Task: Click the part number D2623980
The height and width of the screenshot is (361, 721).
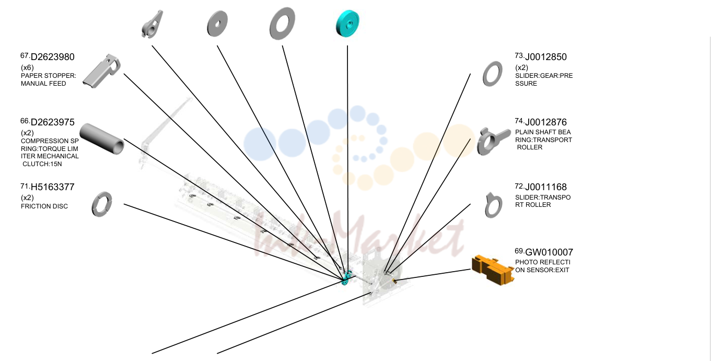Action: (x=52, y=57)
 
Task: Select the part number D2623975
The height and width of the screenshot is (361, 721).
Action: (x=52, y=122)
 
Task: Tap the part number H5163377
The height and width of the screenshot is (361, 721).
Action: (x=52, y=187)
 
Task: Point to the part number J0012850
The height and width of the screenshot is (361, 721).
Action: (x=546, y=57)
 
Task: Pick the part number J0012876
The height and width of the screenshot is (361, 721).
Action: (x=546, y=122)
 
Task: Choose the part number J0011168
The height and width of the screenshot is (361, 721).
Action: (x=546, y=187)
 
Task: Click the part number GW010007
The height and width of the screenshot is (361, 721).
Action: (x=549, y=252)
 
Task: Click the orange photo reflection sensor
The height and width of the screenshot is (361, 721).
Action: (x=493, y=270)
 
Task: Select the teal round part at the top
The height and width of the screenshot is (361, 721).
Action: (x=347, y=23)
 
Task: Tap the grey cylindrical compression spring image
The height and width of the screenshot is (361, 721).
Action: (x=102, y=138)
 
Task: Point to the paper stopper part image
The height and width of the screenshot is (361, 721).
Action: (x=102, y=71)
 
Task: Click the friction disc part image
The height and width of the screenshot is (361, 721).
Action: (x=102, y=204)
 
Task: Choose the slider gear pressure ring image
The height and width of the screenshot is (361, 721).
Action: (x=493, y=74)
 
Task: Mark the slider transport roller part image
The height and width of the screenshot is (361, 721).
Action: (x=493, y=205)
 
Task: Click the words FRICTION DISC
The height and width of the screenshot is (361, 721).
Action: (x=44, y=206)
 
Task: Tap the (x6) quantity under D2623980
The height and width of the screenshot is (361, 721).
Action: (x=27, y=67)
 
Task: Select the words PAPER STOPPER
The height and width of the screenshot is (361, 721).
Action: (x=48, y=76)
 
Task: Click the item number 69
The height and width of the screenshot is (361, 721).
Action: (x=519, y=250)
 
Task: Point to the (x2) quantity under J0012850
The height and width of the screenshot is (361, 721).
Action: (x=521, y=67)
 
